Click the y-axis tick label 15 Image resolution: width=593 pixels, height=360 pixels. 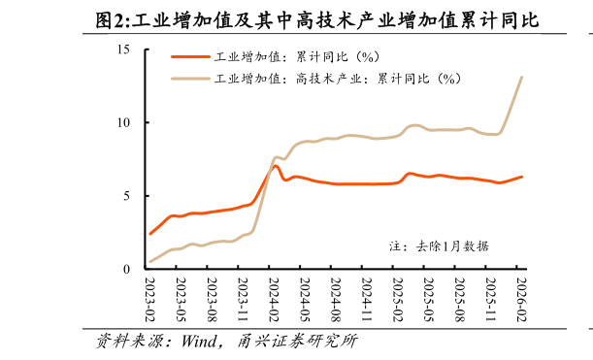click(x=123, y=49)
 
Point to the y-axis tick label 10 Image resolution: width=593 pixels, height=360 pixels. click(x=123, y=122)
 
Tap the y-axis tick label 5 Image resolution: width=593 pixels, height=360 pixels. click(x=126, y=195)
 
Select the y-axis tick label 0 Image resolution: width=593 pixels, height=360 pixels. click(x=126, y=269)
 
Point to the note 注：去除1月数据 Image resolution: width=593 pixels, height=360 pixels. click(x=438, y=246)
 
